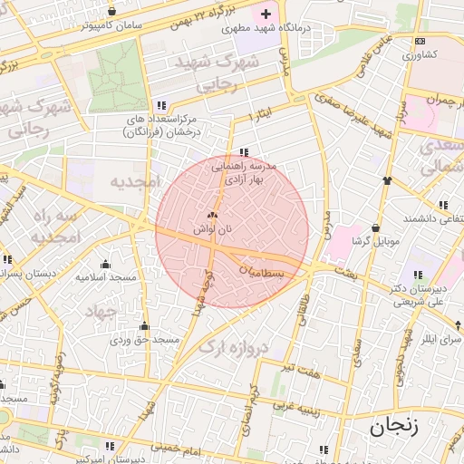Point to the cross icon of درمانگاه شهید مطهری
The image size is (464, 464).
[266, 14]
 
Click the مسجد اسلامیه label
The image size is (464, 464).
[105, 275]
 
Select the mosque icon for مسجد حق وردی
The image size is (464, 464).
[144, 326]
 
